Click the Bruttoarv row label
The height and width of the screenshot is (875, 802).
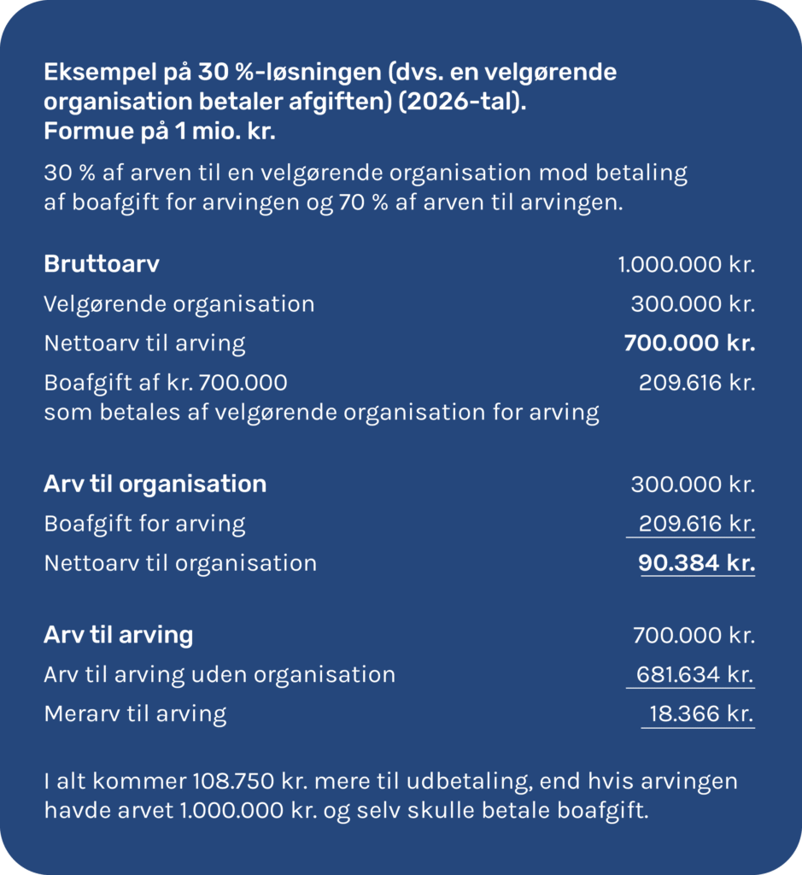(x=102, y=264)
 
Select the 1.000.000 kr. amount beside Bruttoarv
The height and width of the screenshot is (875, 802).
(x=687, y=264)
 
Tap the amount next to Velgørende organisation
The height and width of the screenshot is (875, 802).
(x=693, y=304)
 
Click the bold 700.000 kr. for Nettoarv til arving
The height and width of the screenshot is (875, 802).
(x=689, y=344)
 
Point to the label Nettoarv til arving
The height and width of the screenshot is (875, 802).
(x=144, y=344)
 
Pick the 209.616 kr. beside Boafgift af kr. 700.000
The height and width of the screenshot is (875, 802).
(x=697, y=383)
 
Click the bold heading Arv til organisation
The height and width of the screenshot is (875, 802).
(x=155, y=484)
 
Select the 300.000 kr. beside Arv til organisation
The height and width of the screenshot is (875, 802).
(x=693, y=484)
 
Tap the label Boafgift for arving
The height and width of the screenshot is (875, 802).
(x=144, y=523)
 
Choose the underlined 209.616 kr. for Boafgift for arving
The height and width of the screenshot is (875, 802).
(x=696, y=523)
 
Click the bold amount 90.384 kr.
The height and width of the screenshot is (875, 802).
(x=696, y=563)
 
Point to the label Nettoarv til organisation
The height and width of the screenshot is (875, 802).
(x=180, y=563)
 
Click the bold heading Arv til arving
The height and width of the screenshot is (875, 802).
(x=118, y=636)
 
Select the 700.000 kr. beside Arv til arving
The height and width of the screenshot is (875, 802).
(x=694, y=636)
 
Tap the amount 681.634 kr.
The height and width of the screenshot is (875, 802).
(x=694, y=675)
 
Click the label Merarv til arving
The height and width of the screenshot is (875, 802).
(x=135, y=714)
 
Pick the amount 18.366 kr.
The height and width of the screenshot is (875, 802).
(x=701, y=714)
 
